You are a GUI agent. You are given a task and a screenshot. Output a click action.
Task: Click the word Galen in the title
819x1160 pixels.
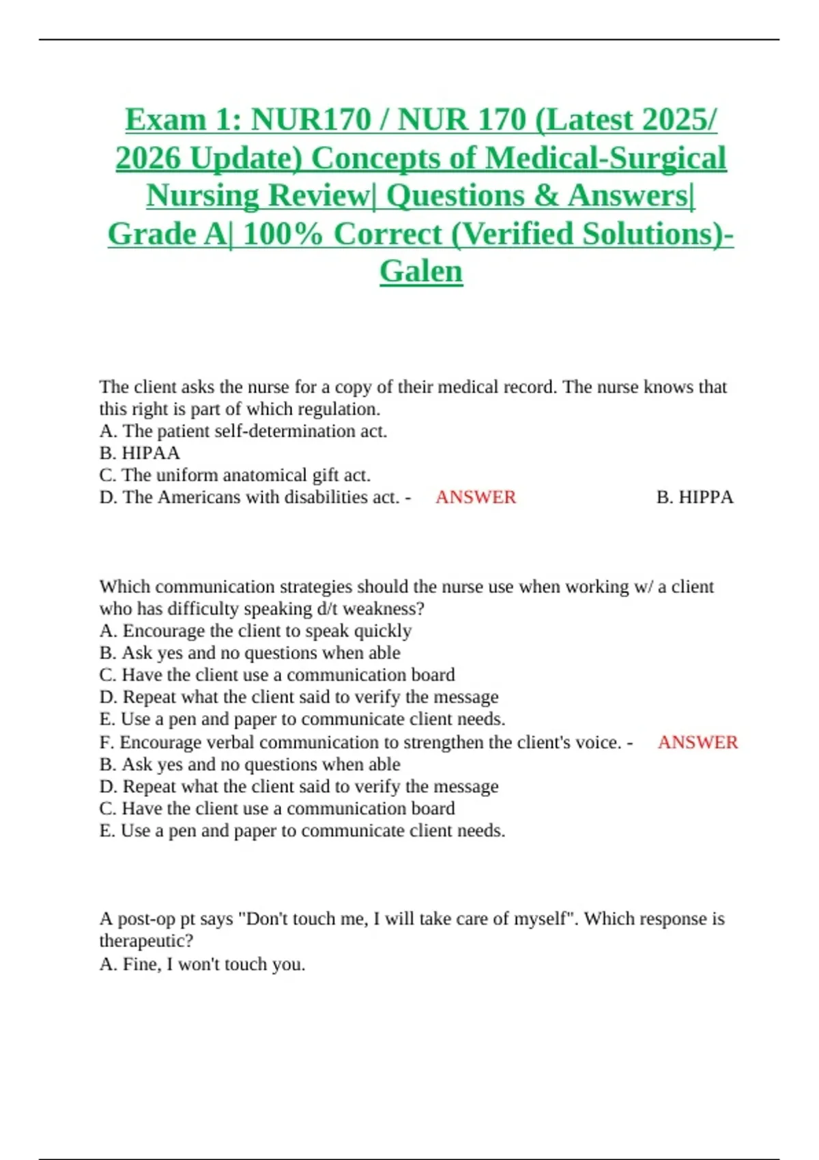point(421,271)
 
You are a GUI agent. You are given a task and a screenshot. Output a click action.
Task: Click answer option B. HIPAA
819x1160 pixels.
point(140,453)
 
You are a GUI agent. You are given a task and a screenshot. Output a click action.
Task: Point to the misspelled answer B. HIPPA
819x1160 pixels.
point(695,497)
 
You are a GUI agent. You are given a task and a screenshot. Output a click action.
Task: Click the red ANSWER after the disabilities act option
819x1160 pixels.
point(476,497)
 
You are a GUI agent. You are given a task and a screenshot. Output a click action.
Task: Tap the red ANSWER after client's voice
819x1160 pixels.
point(698,742)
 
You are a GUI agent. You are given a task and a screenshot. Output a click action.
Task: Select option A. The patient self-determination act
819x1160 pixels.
point(243,431)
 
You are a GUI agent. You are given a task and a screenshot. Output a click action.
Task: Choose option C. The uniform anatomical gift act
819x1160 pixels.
point(235,475)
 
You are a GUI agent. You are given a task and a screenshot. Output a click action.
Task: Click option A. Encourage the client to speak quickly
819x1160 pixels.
point(255,630)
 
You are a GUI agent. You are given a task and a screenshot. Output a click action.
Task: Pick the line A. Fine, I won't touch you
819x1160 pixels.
point(202,964)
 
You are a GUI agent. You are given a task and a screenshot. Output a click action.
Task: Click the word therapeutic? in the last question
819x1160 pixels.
point(146,941)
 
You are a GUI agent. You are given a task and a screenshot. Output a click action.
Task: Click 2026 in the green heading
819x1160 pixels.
point(148,158)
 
